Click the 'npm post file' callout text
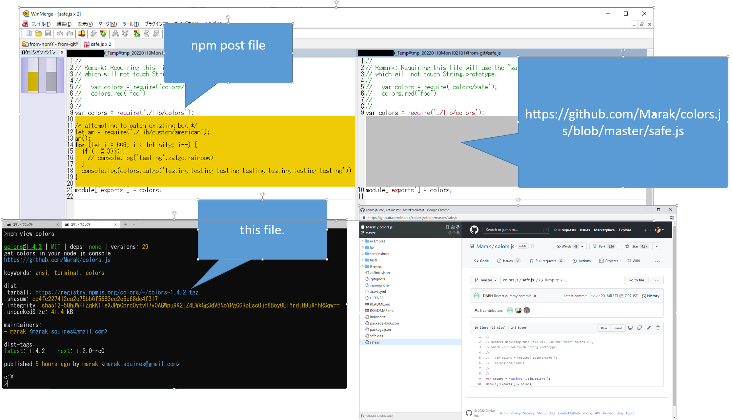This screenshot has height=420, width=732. (x=228, y=45)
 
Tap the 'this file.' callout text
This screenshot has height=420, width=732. (x=262, y=230)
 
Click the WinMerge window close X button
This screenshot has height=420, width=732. (x=644, y=13)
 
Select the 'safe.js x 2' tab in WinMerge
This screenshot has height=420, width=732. (x=98, y=44)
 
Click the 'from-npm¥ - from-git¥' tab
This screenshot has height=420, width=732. (x=51, y=44)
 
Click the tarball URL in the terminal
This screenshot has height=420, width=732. (x=116, y=292)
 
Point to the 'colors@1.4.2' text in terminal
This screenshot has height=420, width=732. (x=23, y=247)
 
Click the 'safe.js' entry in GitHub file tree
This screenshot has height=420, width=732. (x=375, y=342)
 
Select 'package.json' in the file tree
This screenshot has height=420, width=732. (x=380, y=329)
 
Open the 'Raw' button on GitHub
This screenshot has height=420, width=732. (x=604, y=328)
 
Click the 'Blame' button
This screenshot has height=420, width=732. (x=618, y=328)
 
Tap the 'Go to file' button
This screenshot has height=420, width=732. (x=636, y=280)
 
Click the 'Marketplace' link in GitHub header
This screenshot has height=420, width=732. (x=604, y=230)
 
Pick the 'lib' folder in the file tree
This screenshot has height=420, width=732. (x=372, y=247)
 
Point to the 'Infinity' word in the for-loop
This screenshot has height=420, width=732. (x=160, y=145)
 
